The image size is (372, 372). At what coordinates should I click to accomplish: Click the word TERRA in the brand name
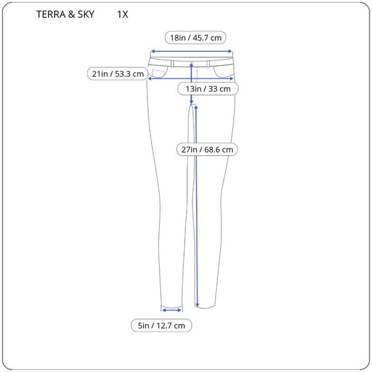[x=51, y=14]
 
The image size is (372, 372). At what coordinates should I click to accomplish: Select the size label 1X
[x=123, y=14]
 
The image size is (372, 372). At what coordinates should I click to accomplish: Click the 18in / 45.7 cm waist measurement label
[x=196, y=38]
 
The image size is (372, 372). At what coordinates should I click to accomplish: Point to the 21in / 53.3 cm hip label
[x=117, y=74]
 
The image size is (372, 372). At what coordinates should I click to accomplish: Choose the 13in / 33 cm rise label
[x=208, y=89]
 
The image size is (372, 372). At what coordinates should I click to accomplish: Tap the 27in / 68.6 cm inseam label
[x=208, y=149]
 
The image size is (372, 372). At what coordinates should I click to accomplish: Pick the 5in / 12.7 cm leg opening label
[x=162, y=326]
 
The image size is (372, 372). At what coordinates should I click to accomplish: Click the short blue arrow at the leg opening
[x=172, y=309]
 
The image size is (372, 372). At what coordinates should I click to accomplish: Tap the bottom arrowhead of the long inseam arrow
[x=196, y=305]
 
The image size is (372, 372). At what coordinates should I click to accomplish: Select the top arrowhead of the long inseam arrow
[x=196, y=107]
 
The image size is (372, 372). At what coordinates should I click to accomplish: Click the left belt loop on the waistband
[x=172, y=63]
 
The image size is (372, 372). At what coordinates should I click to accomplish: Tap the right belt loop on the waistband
[x=210, y=63]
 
